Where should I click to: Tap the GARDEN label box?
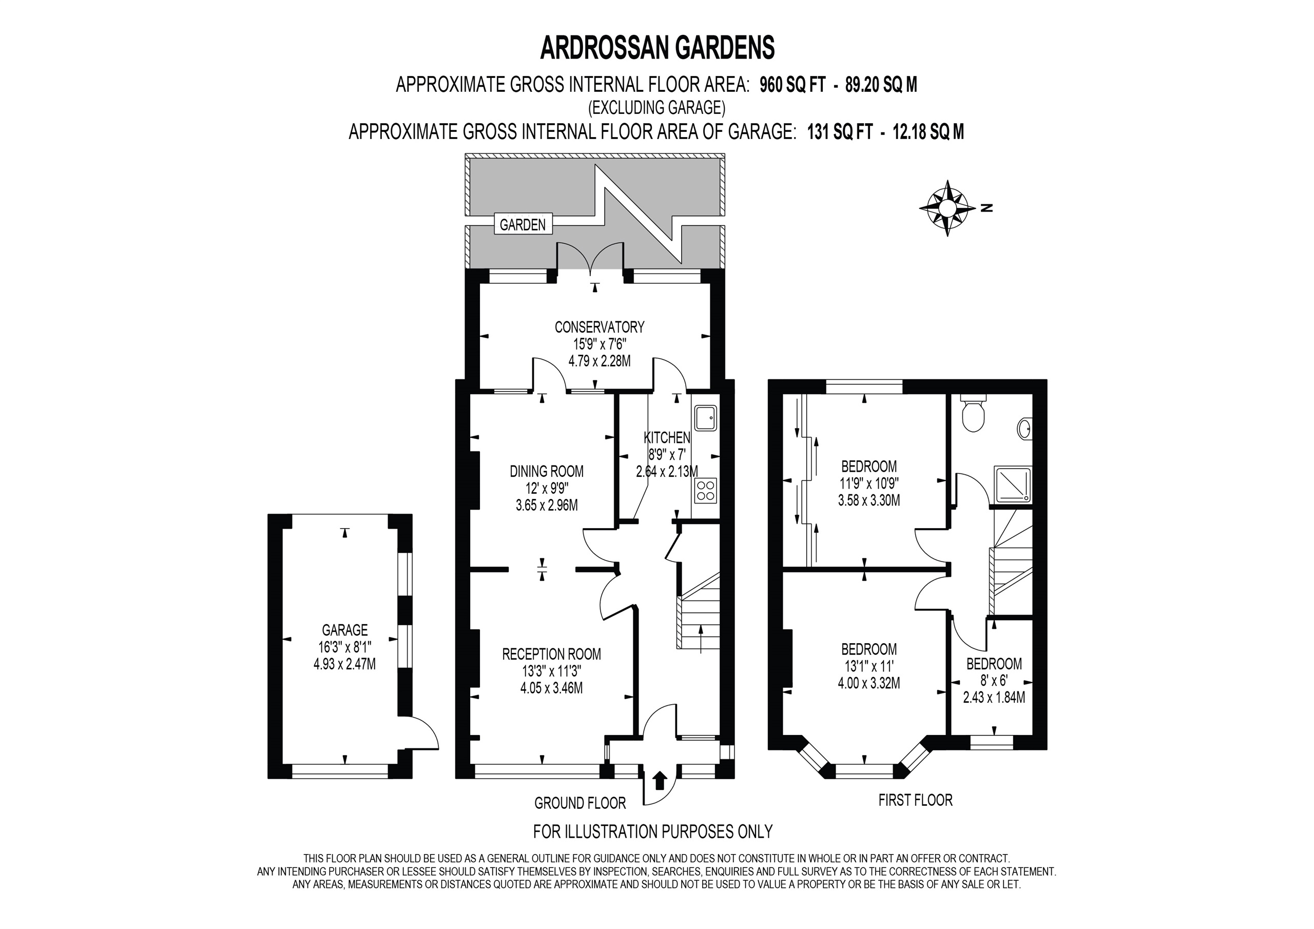[523, 224]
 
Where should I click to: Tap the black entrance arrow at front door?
[659, 780]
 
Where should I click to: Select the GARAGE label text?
[344, 630]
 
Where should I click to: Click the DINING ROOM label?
[547, 471]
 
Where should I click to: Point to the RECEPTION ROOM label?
[552, 654]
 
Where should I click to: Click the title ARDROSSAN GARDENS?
[657, 48]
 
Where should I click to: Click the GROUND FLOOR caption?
[579, 803]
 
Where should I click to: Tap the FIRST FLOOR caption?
[915, 800]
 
